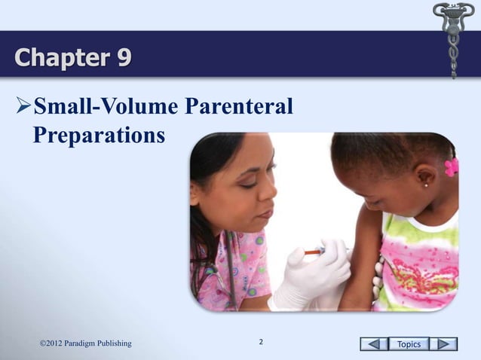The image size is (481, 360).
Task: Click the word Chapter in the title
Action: click(60, 56)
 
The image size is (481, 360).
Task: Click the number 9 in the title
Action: click(121, 56)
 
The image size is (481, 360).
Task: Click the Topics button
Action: click(409, 344)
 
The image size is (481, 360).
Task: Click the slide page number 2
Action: click(261, 343)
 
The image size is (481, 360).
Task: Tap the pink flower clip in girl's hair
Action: click(452, 167)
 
